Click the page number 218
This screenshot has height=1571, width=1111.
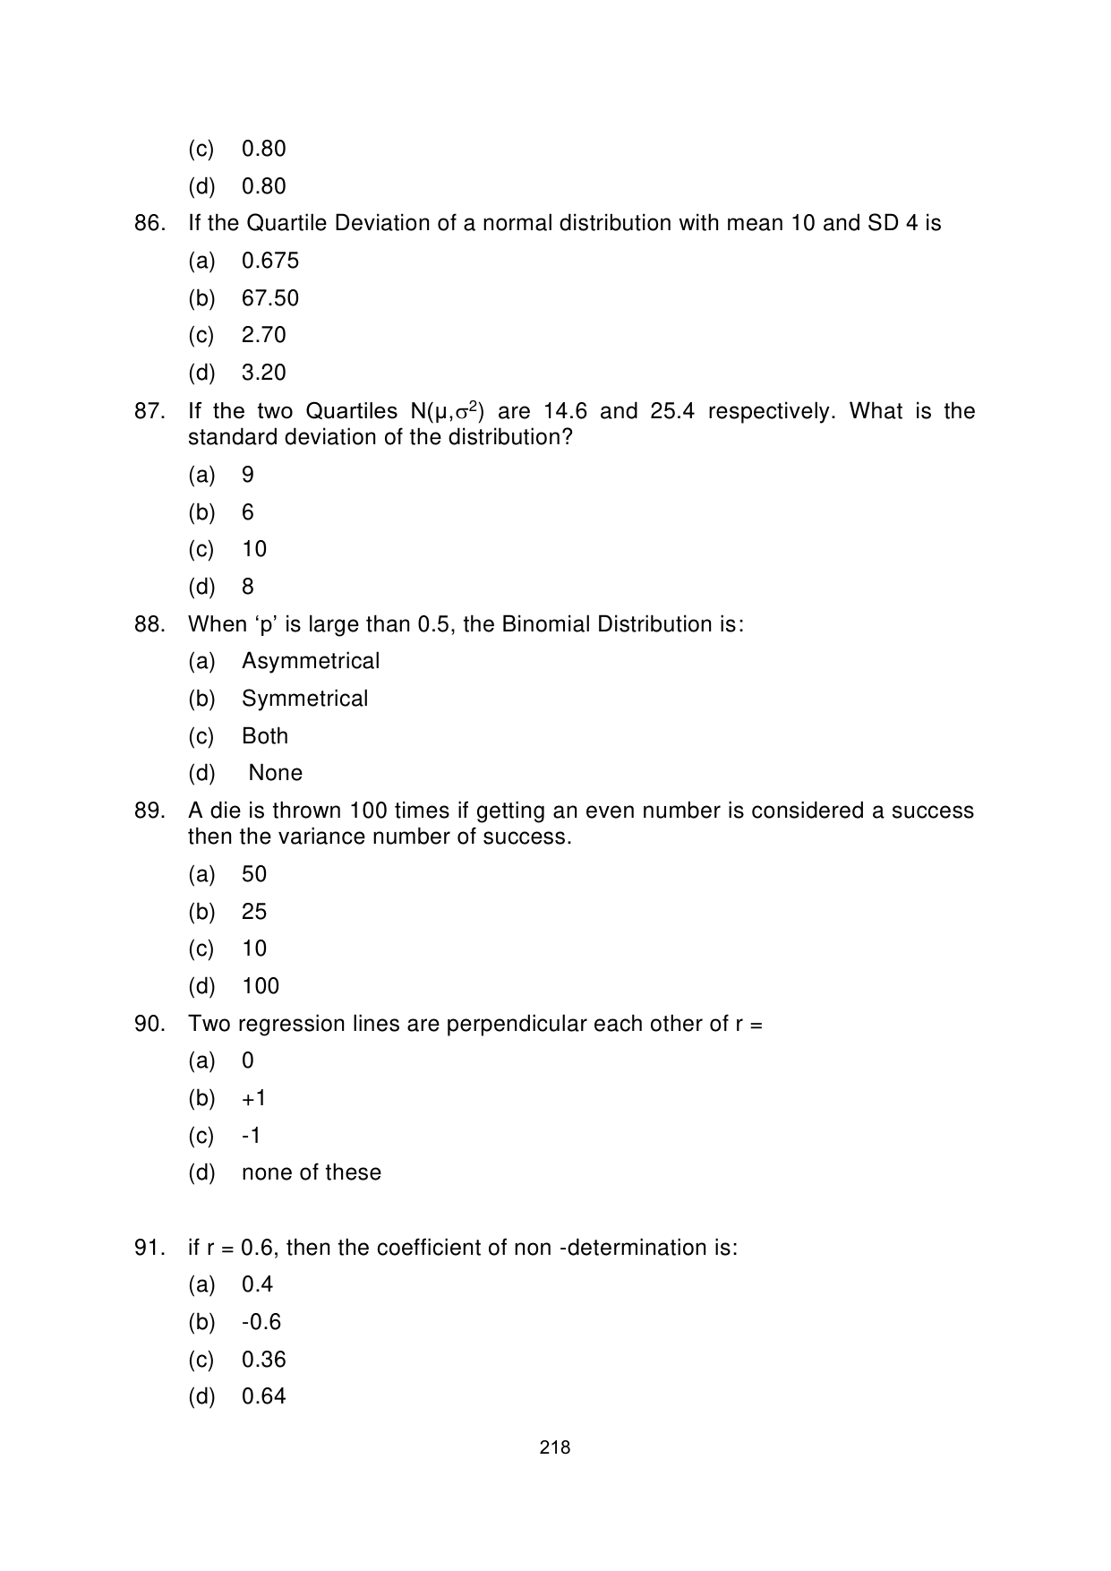point(555,1447)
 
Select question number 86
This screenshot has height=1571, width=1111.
point(150,223)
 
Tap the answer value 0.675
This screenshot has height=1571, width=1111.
point(270,261)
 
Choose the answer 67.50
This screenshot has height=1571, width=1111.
point(270,298)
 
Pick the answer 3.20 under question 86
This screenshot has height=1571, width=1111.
point(264,373)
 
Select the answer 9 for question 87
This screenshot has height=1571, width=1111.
point(248,475)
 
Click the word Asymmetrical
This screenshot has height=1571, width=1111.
point(311,661)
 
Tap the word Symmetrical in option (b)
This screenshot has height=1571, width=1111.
point(305,699)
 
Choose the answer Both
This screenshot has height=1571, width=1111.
point(265,736)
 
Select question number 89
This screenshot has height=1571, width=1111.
point(150,811)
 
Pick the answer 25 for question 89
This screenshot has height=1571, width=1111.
point(254,912)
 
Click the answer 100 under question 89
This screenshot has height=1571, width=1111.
point(261,986)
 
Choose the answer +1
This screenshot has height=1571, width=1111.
point(254,1098)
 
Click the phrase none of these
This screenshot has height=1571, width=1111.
point(312,1172)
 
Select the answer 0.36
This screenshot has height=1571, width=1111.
point(264,1360)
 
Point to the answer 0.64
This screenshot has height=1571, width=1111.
point(264,1396)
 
